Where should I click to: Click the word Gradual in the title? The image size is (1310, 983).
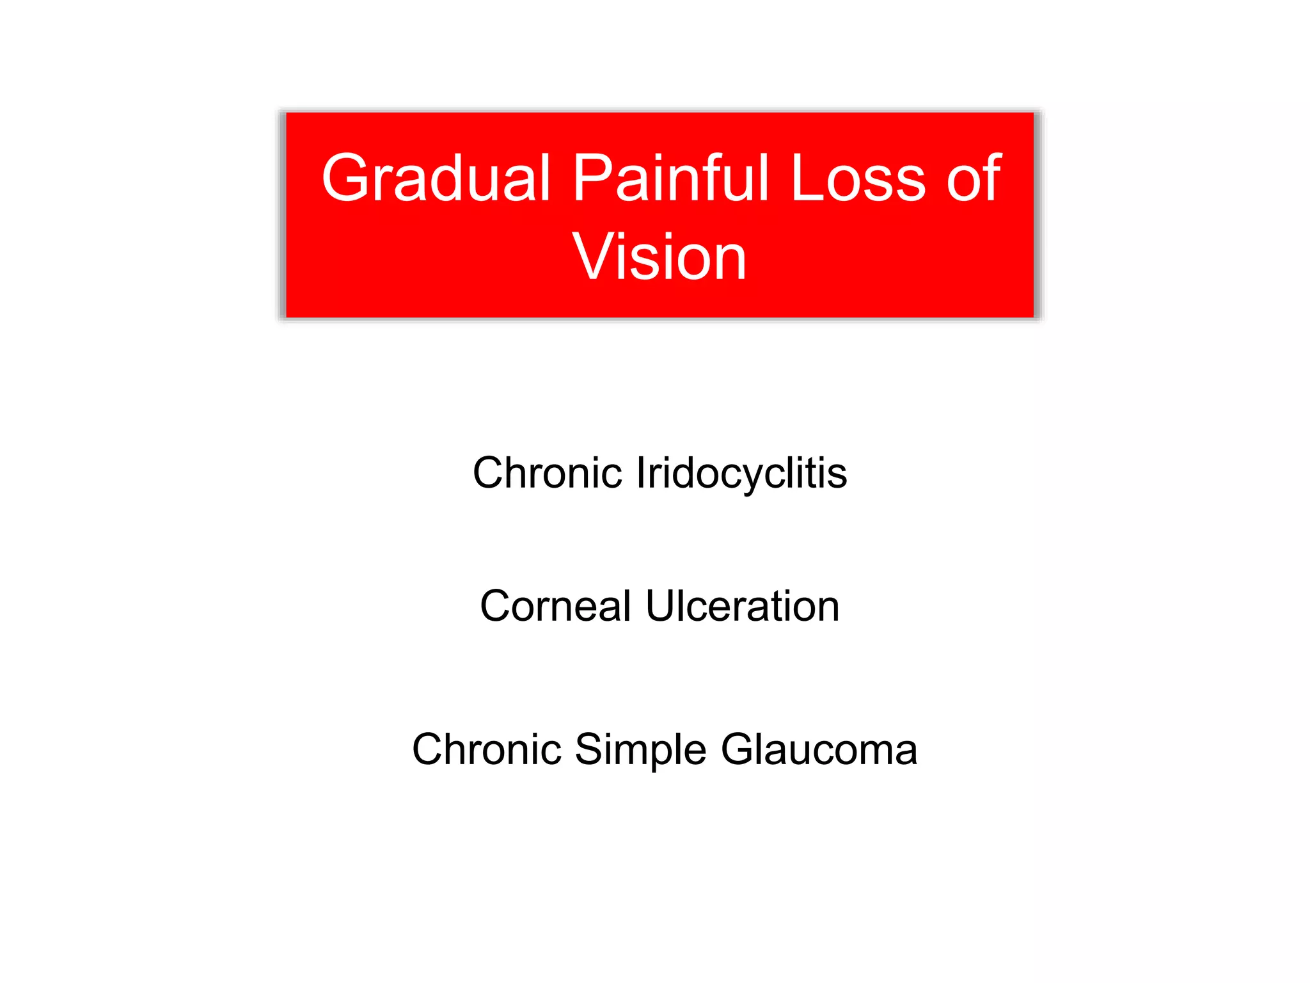pos(435,179)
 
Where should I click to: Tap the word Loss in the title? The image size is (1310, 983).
pos(858,179)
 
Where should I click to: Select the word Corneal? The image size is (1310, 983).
pos(555,606)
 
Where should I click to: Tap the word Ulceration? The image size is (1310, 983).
pos(743,606)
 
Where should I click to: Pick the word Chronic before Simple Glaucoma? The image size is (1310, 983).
pos(486,749)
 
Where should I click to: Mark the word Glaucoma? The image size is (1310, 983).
pos(819,749)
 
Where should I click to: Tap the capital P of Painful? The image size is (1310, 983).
pos(592,179)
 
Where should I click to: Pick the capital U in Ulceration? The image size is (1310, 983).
pos(661,606)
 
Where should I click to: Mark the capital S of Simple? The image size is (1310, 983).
pos(590,749)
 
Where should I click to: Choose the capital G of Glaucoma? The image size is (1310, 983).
pos(739,749)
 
